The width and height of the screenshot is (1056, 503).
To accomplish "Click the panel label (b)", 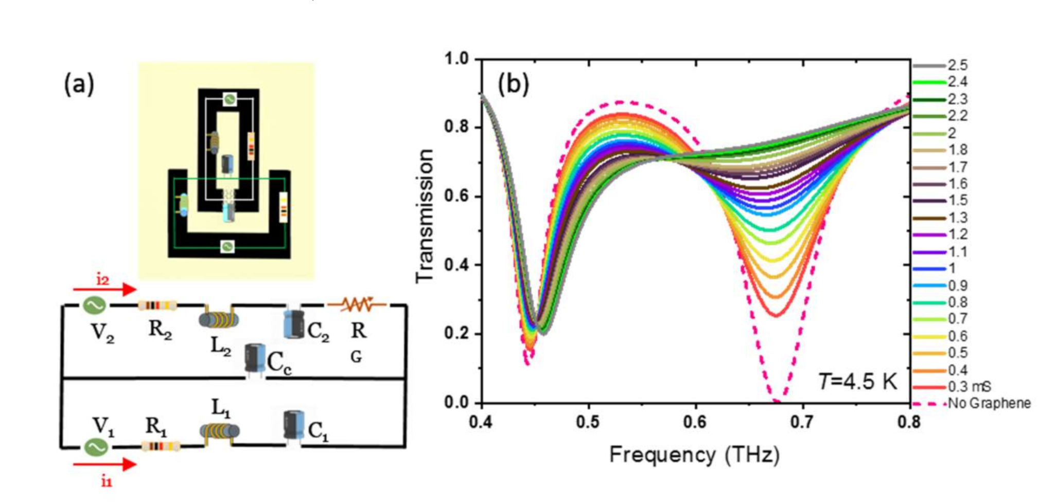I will coord(513,84).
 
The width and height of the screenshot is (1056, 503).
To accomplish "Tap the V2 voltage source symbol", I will coord(95,306).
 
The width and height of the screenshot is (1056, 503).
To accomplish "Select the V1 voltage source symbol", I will coord(96,446).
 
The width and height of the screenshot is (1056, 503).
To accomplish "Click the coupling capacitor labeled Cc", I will coord(255,358).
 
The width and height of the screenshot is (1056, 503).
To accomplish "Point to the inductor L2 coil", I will coord(219,319).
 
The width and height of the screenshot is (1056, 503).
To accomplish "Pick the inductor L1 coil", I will coord(220,431).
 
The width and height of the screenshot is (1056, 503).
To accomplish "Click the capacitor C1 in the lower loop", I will coord(293,425).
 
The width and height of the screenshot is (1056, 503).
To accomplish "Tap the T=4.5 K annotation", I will coord(857,382).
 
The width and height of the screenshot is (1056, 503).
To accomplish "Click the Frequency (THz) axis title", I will coord(695,455).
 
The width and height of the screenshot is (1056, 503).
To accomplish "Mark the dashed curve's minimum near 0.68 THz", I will coord(777,401).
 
